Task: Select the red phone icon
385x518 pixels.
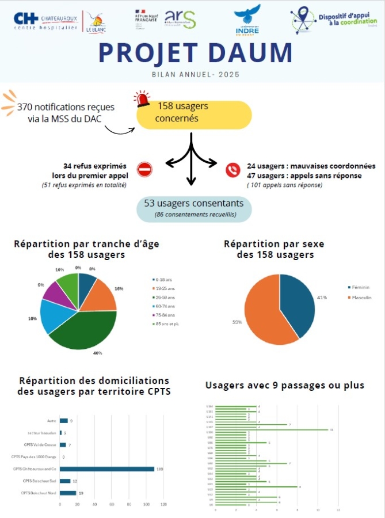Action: [x=232, y=170]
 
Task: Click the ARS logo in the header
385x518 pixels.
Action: [x=180, y=20]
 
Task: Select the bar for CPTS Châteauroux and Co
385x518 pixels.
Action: [x=107, y=469]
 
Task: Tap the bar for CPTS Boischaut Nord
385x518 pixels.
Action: [x=68, y=493]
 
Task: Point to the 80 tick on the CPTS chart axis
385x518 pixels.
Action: [x=129, y=505]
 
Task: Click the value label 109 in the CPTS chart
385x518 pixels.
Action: [x=160, y=469]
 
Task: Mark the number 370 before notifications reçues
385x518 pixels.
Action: [x=26, y=107]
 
